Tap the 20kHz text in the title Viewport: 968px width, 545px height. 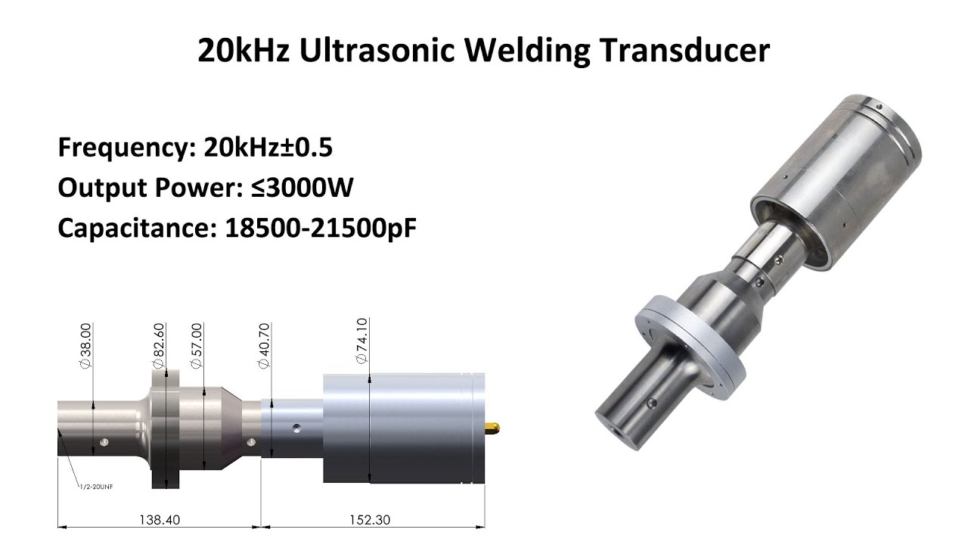point(244,51)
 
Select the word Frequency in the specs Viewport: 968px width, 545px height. point(121,147)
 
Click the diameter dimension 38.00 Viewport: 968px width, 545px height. point(85,345)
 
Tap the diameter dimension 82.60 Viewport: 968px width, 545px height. point(158,345)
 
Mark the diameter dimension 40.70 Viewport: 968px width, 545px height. point(264,345)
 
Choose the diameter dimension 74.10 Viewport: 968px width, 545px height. point(361,341)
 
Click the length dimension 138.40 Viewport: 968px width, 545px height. point(159,520)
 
